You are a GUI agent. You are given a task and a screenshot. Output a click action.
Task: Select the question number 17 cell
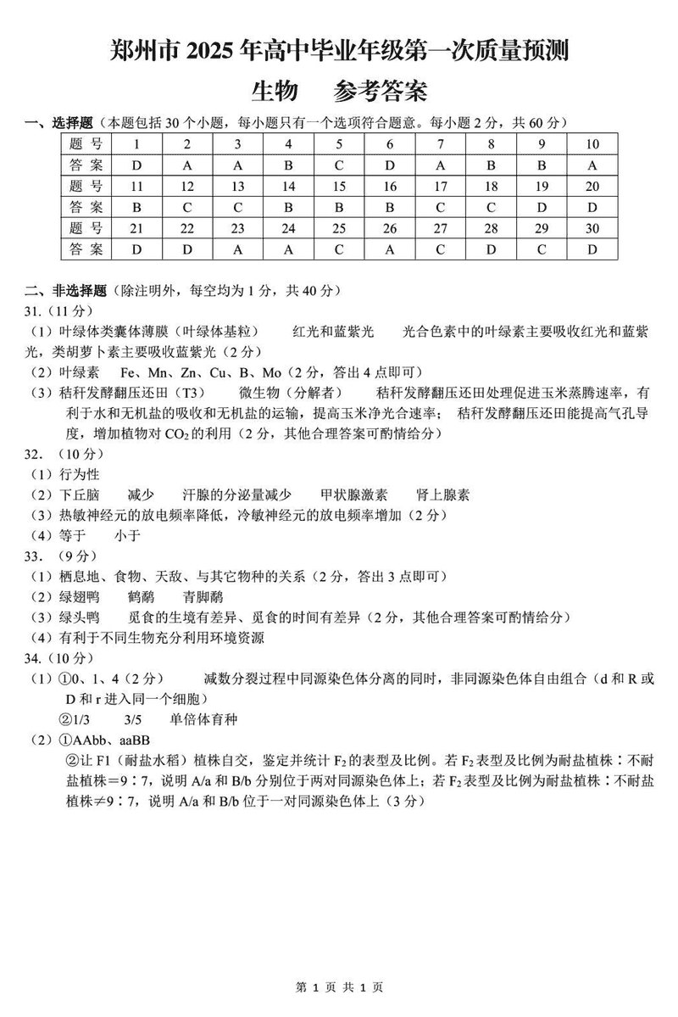pos(441,186)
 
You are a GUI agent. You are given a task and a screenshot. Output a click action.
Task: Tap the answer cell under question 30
pos(592,249)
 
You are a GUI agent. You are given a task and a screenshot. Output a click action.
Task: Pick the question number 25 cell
pos(339,228)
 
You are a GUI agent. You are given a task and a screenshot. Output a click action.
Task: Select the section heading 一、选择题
pos(58,124)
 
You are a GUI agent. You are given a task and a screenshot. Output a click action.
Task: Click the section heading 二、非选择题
pos(64,291)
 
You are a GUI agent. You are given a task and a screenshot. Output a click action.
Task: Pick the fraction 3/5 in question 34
pos(133,719)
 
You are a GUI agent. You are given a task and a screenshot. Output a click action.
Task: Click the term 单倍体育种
pos(203,719)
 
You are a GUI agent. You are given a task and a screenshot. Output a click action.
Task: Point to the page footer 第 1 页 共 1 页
pos(339,987)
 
